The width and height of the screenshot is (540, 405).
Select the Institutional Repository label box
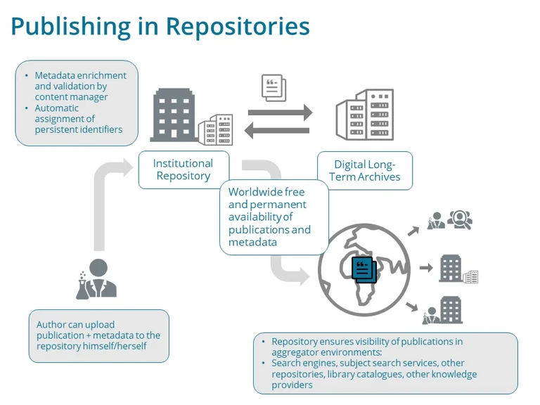pyautogui.click(x=184, y=169)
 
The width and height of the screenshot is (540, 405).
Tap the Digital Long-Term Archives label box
pyautogui.click(x=364, y=170)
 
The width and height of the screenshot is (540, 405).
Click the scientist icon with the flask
pyautogui.click(x=96, y=278)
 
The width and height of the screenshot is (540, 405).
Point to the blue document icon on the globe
pyautogui.click(x=364, y=269)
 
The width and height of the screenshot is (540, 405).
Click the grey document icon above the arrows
pyautogui.click(x=274, y=88)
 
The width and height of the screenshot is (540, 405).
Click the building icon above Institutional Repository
pyautogui.click(x=173, y=115)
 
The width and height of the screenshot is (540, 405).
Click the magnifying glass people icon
pyautogui.click(x=460, y=219)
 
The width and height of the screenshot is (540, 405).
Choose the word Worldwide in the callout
pyautogui.click(x=256, y=192)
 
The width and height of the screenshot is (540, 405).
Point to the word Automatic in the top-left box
pyautogui.click(x=57, y=108)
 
